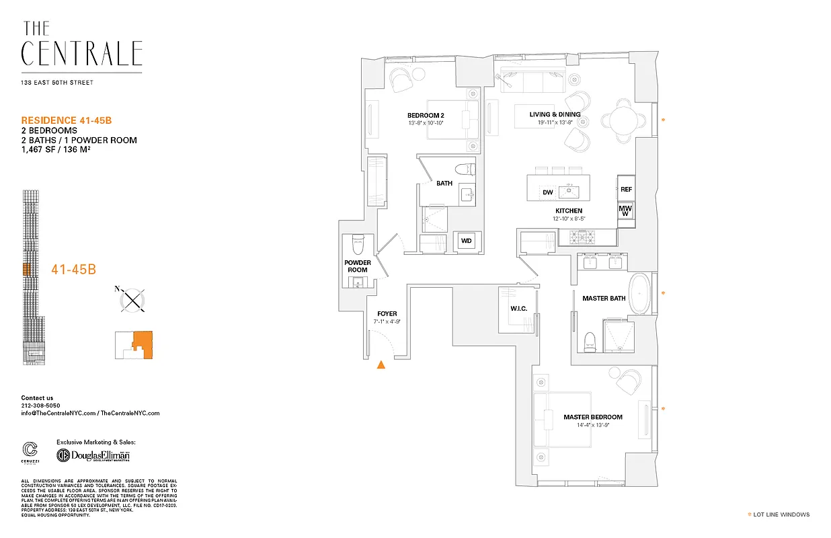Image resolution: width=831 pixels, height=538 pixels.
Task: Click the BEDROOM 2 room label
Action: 426,115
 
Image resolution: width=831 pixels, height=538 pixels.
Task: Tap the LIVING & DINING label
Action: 555,114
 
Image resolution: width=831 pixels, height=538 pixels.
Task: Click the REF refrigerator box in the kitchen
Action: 626,190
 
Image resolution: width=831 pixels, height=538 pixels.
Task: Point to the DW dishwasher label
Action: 548,192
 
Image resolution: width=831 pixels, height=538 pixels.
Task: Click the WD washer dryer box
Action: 466,241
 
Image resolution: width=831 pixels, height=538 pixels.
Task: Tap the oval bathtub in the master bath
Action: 640,293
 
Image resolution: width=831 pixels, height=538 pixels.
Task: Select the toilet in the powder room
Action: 358,243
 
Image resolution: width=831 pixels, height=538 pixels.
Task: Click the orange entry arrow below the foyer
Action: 381,364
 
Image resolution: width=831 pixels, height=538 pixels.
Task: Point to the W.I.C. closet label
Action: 518,309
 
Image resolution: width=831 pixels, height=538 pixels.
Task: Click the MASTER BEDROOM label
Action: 593,417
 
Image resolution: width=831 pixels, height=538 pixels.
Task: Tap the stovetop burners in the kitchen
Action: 583,237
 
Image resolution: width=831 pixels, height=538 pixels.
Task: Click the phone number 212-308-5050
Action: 40,406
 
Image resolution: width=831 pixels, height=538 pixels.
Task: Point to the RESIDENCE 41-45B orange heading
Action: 66,120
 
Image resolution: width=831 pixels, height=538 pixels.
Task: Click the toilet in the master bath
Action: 590,340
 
